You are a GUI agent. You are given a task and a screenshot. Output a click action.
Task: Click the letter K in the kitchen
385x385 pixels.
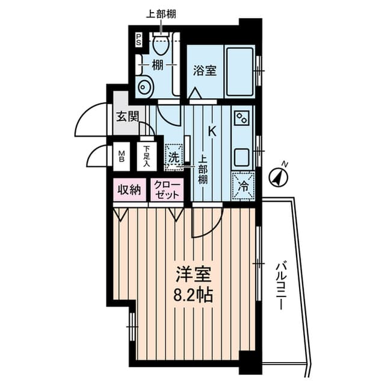click(212, 130)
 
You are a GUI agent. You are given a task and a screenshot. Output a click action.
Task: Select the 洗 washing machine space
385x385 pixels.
click(173, 157)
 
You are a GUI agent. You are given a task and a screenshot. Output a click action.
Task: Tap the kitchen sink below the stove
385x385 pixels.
click(243, 158)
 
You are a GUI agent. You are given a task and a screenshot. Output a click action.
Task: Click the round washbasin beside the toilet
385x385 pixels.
click(144, 87)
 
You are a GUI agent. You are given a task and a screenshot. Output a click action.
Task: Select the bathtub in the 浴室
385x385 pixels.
click(240, 70)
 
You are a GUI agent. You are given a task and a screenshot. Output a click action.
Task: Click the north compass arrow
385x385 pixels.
click(279, 176)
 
